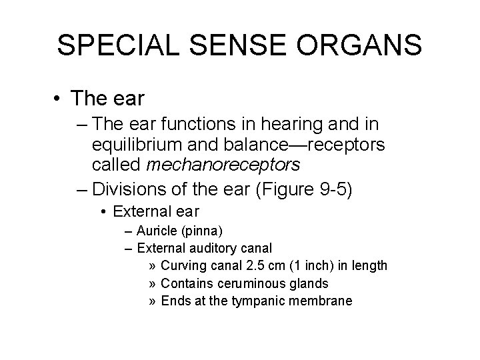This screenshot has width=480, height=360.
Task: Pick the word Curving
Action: point(183,266)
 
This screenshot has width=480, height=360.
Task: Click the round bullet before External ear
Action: point(104,213)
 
